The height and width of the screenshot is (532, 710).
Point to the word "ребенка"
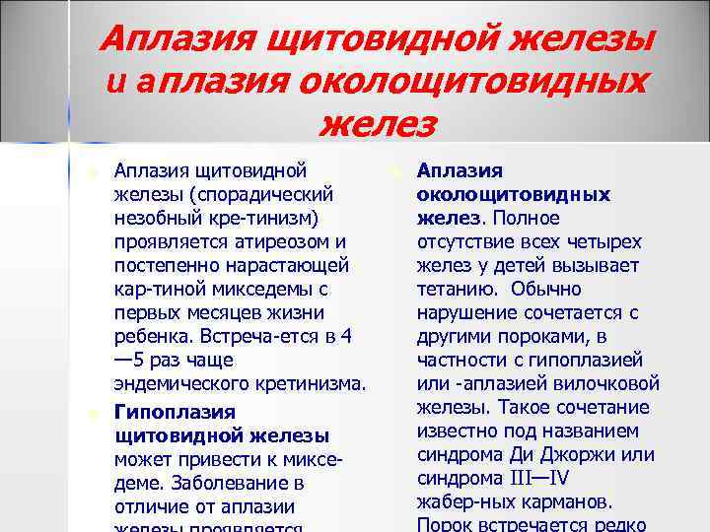tap(149, 337)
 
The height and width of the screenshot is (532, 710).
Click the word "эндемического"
tap(176, 384)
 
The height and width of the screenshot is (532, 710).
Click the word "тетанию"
tap(450, 290)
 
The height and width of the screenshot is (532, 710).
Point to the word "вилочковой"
tap(608, 383)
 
